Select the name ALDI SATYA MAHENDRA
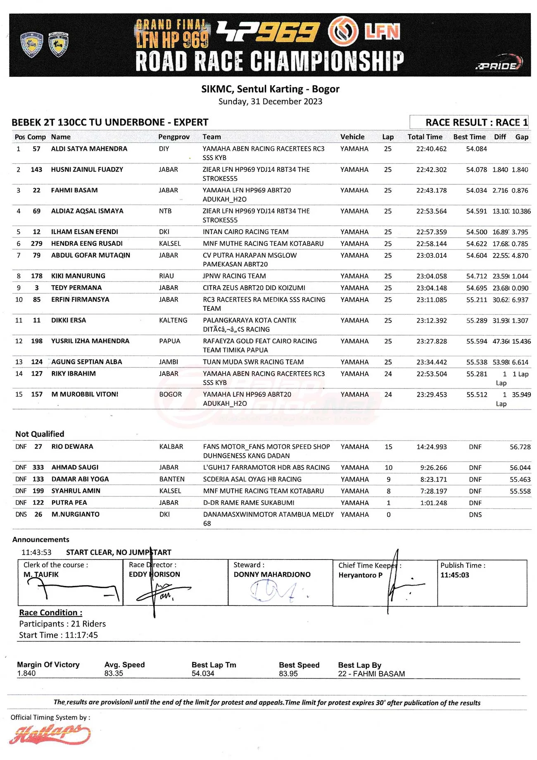[x=89, y=149]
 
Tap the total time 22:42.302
[x=431, y=169]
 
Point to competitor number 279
[x=36, y=243]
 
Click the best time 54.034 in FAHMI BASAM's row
[x=476, y=190]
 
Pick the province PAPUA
[x=169, y=341]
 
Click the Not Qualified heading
[x=40, y=434]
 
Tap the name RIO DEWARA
[x=72, y=447]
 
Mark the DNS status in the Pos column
[x=21, y=515]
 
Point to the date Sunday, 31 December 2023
[x=270, y=101]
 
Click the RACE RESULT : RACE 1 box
[x=469, y=122]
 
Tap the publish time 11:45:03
[x=454, y=575]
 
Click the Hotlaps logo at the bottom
[x=50, y=734]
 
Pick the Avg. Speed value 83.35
[x=114, y=673]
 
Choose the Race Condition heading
[x=50, y=612]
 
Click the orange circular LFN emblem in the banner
[x=343, y=31]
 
